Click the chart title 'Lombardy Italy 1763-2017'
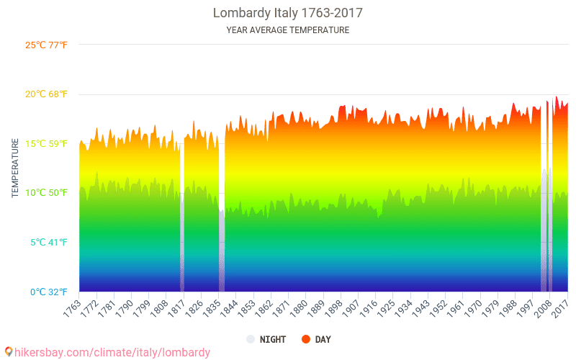tap(287, 13)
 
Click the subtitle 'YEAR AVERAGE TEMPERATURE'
tap(287, 30)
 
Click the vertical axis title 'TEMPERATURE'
tap(15, 168)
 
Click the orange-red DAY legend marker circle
tap(306, 339)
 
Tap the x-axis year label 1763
tap(72, 308)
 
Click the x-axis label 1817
tap(176, 308)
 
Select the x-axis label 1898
tap(331, 308)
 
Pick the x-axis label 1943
tap(418, 308)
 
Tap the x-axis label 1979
tap(486, 308)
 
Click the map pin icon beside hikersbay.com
tap(8, 351)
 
